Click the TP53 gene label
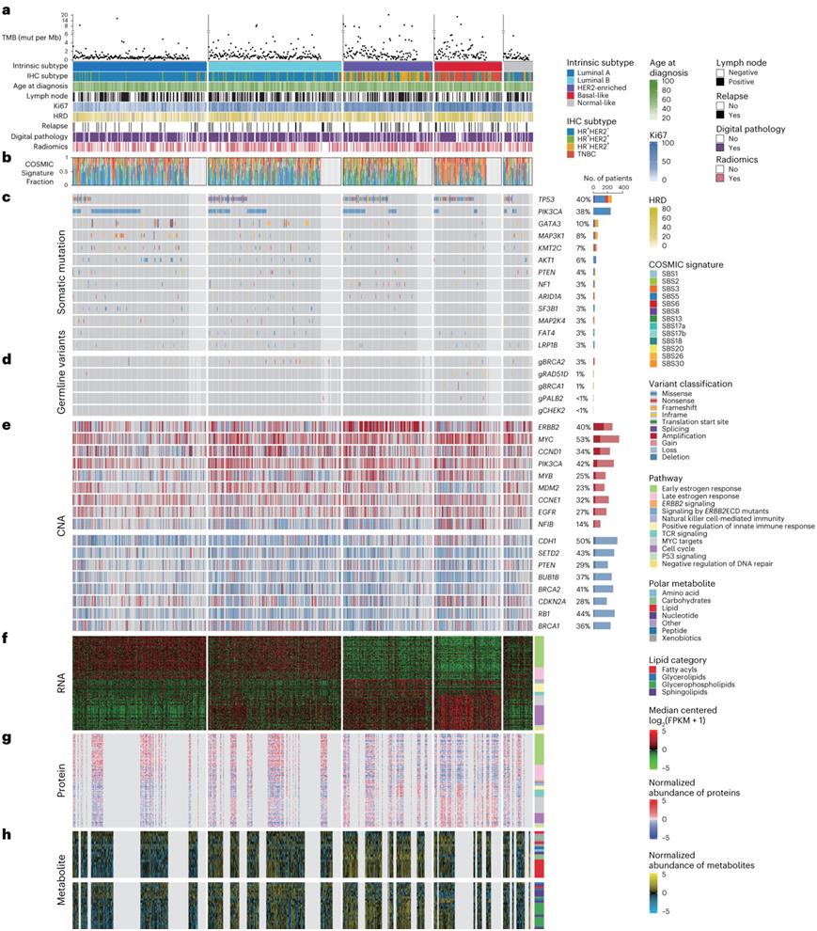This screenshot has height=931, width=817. pos(545,199)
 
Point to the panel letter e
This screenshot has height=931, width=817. pos(7,425)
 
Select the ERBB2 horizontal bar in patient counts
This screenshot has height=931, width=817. pos(603,427)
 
